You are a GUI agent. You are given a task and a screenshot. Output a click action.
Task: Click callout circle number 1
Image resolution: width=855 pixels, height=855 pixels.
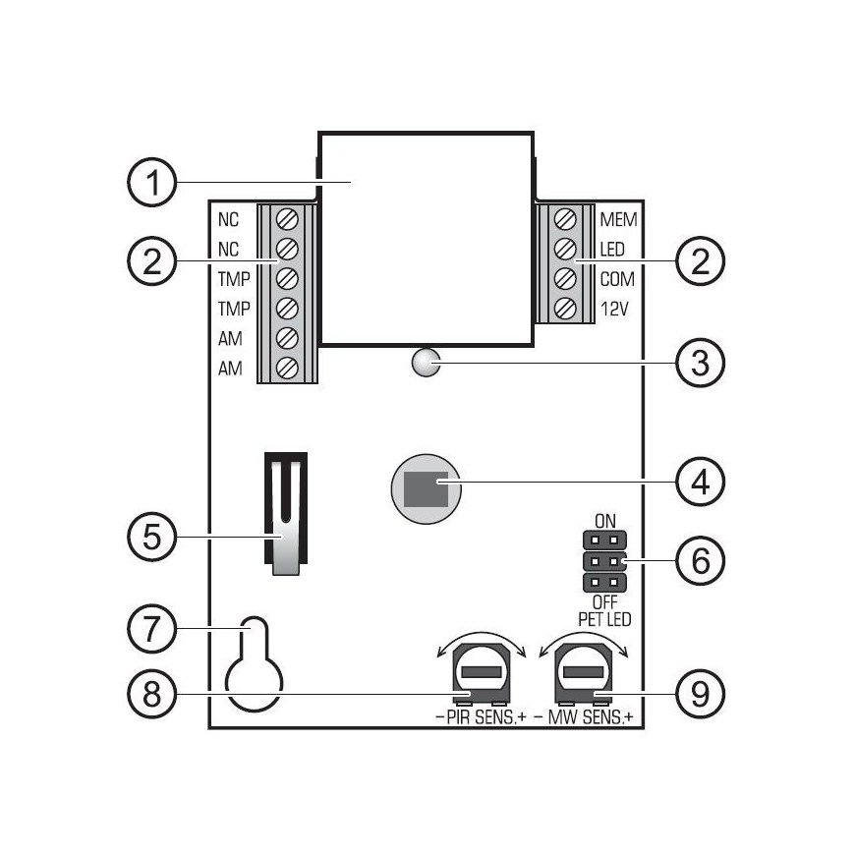click(152, 182)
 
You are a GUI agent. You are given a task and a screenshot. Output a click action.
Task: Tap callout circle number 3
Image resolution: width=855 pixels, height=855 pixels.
click(700, 363)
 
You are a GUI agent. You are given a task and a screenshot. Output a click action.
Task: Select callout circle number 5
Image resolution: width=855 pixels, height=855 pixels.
click(152, 537)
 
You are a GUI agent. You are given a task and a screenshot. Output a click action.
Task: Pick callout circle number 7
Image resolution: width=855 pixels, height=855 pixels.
click(152, 628)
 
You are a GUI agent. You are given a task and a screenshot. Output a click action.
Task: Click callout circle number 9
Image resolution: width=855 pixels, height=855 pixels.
click(700, 694)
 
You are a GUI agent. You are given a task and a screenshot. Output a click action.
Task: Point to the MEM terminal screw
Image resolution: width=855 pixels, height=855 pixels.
click(565, 220)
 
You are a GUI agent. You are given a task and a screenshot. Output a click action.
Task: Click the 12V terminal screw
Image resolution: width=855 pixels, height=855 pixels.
click(565, 310)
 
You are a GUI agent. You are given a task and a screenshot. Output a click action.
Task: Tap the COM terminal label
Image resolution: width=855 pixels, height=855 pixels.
click(617, 279)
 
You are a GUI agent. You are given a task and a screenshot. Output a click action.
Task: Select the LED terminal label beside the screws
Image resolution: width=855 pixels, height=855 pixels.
click(612, 250)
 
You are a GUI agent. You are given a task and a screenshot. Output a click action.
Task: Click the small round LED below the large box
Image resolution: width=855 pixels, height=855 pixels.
click(426, 363)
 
